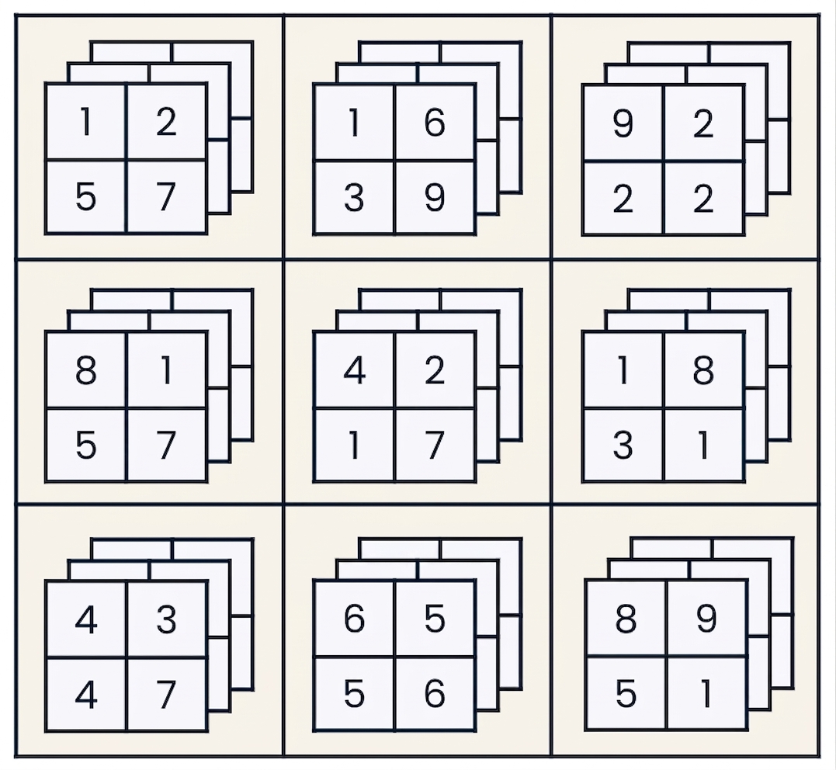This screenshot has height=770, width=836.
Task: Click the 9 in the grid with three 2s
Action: (x=623, y=123)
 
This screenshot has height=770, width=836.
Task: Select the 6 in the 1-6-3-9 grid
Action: (x=435, y=123)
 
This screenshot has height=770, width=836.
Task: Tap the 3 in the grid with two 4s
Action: (x=166, y=619)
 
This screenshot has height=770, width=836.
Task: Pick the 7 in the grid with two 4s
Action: (x=166, y=694)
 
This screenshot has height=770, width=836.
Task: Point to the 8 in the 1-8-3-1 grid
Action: (x=703, y=370)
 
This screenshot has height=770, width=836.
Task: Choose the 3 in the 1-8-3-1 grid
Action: (x=623, y=446)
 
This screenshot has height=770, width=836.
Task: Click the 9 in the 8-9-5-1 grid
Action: (x=706, y=619)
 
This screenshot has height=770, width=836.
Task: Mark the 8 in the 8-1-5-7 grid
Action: (x=86, y=370)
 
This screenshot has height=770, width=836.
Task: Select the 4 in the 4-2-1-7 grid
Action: (x=355, y=370)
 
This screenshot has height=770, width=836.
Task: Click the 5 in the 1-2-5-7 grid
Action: (x=86, y=197)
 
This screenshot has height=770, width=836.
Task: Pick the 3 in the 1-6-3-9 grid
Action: (x=354, y=198)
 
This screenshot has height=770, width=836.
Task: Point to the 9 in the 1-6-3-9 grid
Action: (x=435, y=198)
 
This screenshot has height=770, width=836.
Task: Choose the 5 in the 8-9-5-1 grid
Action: (x=626, y=694)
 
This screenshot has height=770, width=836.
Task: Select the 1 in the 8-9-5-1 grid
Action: (x=706, y=694)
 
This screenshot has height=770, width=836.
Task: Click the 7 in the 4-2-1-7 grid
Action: (x=435, y=446)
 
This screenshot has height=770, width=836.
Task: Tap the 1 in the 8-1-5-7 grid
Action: (x=166, y=370)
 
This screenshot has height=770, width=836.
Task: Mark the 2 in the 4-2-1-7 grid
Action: (x=435, y=370)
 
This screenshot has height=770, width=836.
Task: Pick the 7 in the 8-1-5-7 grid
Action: (x=166, y=446)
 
